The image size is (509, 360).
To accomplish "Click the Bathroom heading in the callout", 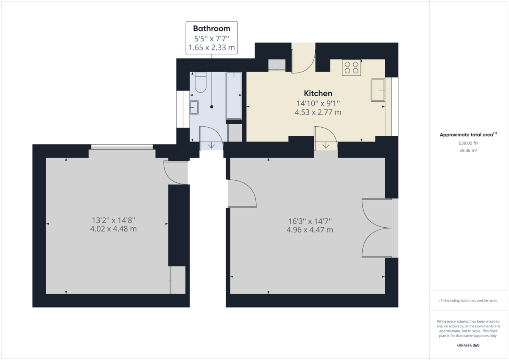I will [212, 29].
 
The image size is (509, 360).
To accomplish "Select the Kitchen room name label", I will [318, 93].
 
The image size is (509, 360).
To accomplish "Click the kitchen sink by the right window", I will [378, 90].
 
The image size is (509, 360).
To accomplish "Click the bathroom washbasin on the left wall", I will [194, 108].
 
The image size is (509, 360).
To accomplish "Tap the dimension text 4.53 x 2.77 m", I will [318, 112].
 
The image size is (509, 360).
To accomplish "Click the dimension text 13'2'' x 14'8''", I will [113, 220].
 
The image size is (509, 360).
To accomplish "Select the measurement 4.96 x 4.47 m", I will [310, 230].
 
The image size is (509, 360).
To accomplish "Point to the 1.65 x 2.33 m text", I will [212, 47].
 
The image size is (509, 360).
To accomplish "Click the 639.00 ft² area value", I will [468, 143].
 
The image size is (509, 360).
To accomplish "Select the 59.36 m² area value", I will [468, 150].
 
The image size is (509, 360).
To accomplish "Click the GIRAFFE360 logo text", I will [468, 345].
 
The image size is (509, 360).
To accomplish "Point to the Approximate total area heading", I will [467, 135].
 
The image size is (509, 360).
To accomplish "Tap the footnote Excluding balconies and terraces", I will [468, 301].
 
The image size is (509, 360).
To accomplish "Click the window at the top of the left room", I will [122, 147].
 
